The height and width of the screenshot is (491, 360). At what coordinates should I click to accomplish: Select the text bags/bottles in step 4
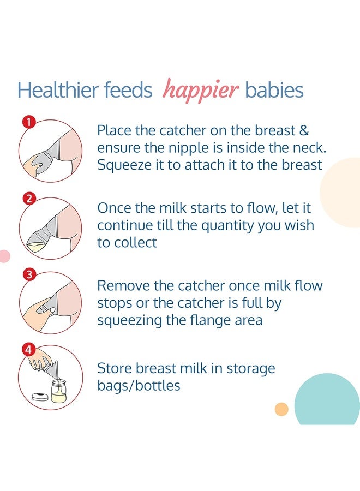pos(139,386)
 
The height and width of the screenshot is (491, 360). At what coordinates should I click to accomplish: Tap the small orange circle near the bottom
pos(281,409)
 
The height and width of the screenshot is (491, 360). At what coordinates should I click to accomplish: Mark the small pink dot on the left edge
pos(4,256)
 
